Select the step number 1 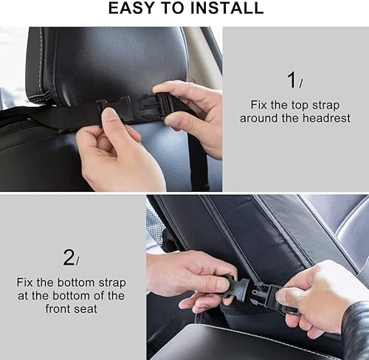(291, 80)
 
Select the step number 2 (68, 257)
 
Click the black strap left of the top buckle (66, 116)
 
